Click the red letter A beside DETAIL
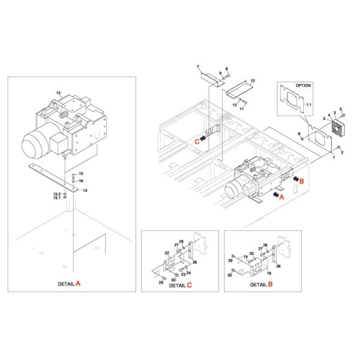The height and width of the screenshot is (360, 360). pos(78,283)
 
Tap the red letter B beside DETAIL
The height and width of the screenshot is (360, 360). pos(270,284)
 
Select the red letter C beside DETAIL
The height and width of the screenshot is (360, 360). pos(189,285)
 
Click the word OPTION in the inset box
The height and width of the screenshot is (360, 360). pos(303,85)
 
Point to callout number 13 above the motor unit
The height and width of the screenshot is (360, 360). pos(58,93)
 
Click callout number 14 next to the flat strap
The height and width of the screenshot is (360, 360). pos(85,190)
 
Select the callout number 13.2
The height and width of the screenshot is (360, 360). pos(57,194)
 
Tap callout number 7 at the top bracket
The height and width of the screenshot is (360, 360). pos(198,67)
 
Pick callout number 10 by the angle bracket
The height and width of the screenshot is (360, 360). pos(253,80)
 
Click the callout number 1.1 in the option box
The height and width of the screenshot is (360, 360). pos(309,104)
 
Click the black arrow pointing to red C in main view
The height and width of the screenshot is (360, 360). pos(203,138)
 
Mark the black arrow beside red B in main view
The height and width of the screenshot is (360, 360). pos(296,179)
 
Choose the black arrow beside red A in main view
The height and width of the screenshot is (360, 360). pos(276,195)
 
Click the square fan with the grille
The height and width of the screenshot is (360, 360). pos(338,129)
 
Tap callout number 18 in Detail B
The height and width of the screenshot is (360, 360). pos(269,273)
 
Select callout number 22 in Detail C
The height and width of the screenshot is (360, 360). pos(167,253)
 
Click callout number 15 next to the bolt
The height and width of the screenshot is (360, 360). pos(81,173)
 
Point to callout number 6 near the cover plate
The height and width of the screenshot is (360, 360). pos(299,134)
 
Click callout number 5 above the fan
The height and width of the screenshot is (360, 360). pos(341,109)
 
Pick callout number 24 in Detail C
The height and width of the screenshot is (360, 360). pos(188,273)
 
